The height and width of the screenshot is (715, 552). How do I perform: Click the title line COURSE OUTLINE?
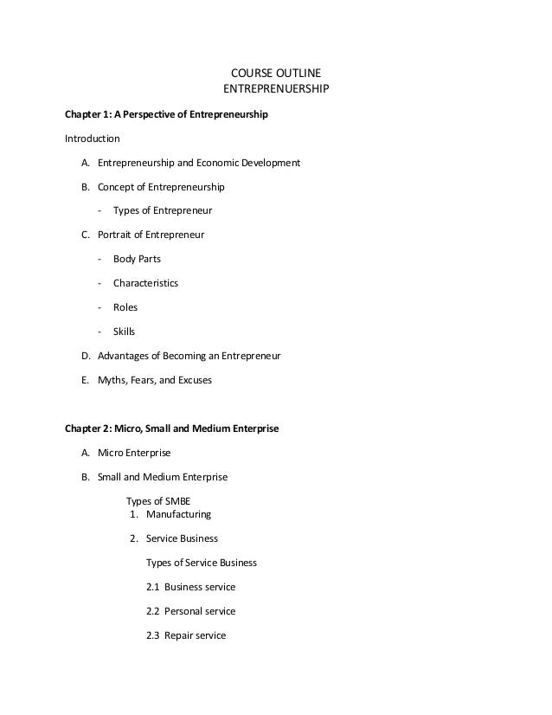tap(277, 73)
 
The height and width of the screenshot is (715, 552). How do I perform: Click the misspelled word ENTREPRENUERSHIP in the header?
tap(277, 89)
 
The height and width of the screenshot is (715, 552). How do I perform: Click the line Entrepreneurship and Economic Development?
tap(198, 163)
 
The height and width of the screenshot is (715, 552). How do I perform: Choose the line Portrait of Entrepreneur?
tap(151, 235)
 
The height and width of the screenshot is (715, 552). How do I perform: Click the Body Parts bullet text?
tap(137, 259)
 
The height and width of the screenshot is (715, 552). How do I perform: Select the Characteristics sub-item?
tap(145, 283)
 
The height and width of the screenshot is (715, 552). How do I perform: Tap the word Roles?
tap(125, 307)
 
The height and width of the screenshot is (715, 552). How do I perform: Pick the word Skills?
tap(125, 332)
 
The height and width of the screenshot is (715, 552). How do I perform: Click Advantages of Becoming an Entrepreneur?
tap(189, 356)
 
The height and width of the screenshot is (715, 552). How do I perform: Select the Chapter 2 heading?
tap(172, 428)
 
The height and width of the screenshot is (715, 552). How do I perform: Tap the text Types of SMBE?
tap(158, 500)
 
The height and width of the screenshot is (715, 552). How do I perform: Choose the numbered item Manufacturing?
tap(178, 514)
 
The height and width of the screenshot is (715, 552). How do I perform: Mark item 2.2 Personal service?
tap(191, 611)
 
